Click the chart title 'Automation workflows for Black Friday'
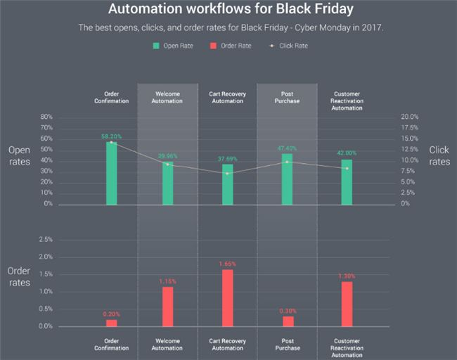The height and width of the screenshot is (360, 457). click(228, 11)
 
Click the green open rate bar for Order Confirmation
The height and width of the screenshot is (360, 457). click(111, 173)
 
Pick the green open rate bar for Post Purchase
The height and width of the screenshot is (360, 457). click(287, 179)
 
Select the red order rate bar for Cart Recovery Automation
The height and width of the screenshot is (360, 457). click(227, 298)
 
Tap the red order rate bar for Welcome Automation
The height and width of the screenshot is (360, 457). click(167, 307)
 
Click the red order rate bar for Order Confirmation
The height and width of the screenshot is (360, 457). click(111, 323)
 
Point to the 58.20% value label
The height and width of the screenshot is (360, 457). click(111, 136)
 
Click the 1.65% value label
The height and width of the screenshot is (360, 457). click(227, 264)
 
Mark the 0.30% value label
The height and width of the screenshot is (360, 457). click(287, 311)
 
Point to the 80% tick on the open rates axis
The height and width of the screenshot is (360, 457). click(47, 117)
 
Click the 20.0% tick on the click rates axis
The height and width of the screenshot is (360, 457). click(408, 117)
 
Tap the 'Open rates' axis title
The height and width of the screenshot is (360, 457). click(19, 155)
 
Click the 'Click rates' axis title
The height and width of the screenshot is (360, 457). click(439, 155)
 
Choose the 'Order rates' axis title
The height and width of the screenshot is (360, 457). click(19, 276)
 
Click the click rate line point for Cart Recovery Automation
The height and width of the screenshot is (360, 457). click(227, 173)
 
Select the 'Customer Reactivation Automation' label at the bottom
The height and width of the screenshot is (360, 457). click(347, 348)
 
